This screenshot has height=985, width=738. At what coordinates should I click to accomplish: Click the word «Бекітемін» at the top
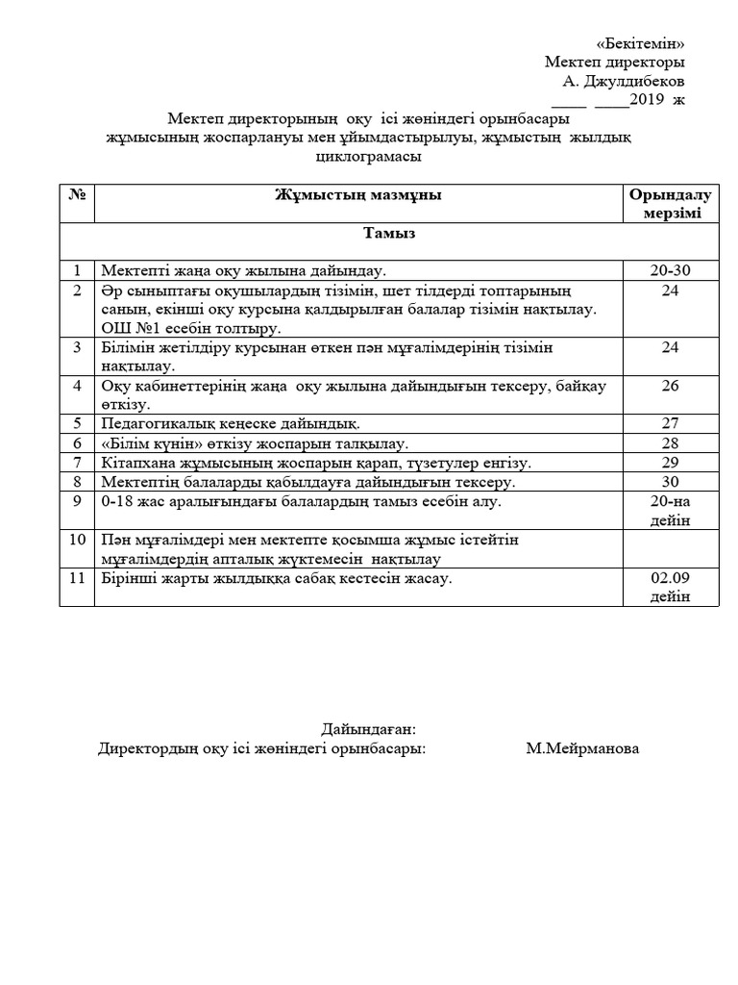coord(640,43)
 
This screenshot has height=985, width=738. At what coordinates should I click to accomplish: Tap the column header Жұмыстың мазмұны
coord(357,195)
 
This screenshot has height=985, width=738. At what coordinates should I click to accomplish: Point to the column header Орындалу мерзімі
coord(671,204)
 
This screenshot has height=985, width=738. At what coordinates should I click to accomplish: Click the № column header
coord(77,195)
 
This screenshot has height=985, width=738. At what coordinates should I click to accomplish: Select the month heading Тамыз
coord(388,233)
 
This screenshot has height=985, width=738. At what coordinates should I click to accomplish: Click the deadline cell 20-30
coord(670,271)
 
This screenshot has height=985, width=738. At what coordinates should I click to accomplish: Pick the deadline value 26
coord(670,385)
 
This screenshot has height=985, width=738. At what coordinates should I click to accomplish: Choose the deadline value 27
coord(670,423)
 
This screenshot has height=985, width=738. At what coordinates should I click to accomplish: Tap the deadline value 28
coord(670,442)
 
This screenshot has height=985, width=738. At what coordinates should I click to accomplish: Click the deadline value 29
coord(670,462)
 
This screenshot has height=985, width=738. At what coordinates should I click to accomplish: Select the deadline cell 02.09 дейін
coord(670,587)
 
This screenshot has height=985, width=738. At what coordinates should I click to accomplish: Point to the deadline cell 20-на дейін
coord(670,510)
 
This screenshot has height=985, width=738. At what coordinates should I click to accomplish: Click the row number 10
coord(77,540)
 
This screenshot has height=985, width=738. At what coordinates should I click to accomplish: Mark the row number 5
coord(77,423)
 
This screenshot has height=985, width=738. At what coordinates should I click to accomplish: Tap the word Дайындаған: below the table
coord(368,729)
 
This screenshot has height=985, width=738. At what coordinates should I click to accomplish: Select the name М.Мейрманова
coord(581,748)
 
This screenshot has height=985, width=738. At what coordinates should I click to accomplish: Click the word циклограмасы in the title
coord(369,157)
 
